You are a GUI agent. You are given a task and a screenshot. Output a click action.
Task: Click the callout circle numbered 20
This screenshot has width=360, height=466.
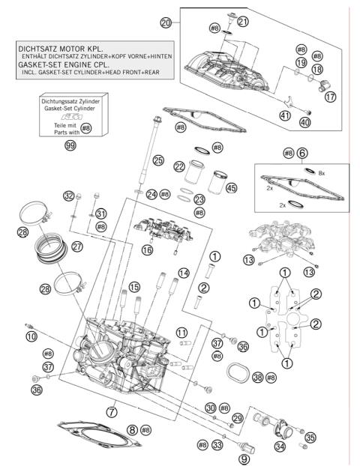pyautogui.click(x=166, y=23)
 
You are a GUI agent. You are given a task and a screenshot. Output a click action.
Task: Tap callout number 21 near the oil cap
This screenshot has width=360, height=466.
pyautogui.click(x=242, y=22)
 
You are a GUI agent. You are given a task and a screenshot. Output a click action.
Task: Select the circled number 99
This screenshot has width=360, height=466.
pyautogui.click(x=70, y=145)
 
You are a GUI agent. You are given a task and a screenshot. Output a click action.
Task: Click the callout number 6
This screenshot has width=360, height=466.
pyautogui.click(x=302, y=152)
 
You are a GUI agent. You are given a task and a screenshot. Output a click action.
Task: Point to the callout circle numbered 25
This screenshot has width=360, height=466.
pyautogui.click(x=157, y=160)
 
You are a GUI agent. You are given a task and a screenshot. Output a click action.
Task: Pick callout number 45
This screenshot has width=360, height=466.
pyautogui.click(x=231, y=188)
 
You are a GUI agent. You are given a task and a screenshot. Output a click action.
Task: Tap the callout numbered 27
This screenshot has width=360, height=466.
pyautogui.click(x=77, y=246)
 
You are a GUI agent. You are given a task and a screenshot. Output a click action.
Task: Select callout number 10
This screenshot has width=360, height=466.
pyautogui.click(x=31, y=337)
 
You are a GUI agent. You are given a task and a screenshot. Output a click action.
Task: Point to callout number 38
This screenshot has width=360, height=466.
pyautogui.click(x=258, y=378)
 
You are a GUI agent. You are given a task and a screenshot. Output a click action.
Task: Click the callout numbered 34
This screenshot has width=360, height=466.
pyautogui.click(x=280, y=447)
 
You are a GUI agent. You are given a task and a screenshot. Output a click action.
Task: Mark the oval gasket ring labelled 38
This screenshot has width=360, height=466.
pyautogui.click(x=238, y=372)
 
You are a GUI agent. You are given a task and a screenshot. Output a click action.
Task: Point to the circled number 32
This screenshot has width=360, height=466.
pyautogui.click(x=69, y=196)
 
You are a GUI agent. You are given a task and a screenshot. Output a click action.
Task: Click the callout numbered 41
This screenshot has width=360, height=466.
pyautogui.click(x=284, y=115)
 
